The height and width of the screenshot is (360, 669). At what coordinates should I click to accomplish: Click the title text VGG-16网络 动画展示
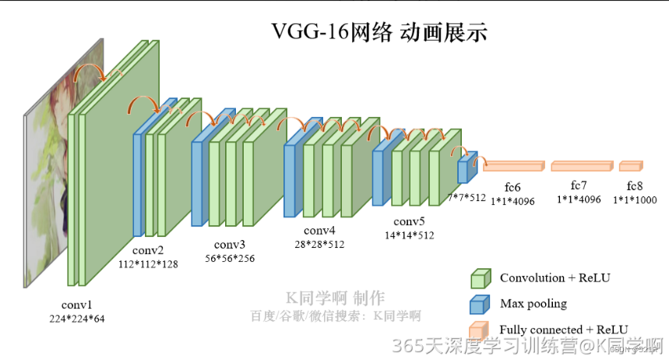tap(379, 32)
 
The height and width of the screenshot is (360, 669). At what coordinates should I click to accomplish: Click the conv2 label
tap(147, 250)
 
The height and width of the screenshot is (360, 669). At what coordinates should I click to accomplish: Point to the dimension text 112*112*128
tap(148, 263)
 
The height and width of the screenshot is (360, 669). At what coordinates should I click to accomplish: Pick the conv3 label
tap(229, 245)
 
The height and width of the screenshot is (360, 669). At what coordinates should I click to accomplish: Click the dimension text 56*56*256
tap(229, 258)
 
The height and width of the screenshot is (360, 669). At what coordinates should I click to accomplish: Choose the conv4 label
tap(319, 231)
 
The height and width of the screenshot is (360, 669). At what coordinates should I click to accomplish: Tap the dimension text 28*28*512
tap(319, 244)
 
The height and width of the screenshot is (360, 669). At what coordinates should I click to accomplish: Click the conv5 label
tap(409, 221)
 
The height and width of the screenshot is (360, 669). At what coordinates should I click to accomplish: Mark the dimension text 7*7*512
tap(467, 197)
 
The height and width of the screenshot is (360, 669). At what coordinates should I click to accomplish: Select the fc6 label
tap(512, 188)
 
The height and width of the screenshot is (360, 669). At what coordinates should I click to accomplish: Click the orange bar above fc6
tap(513, 165)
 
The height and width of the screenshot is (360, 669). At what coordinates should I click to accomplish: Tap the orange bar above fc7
tap(581, 166)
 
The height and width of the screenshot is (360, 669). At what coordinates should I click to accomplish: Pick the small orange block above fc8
tap(631, 165)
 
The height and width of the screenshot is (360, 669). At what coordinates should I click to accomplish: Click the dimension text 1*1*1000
tap(635, 199)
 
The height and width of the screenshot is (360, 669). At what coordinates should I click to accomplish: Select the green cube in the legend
tap(481, 278)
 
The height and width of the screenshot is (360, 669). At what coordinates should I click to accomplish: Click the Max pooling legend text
tap(533, 303)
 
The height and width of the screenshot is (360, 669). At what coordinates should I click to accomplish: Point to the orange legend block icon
tap(480, 329)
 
